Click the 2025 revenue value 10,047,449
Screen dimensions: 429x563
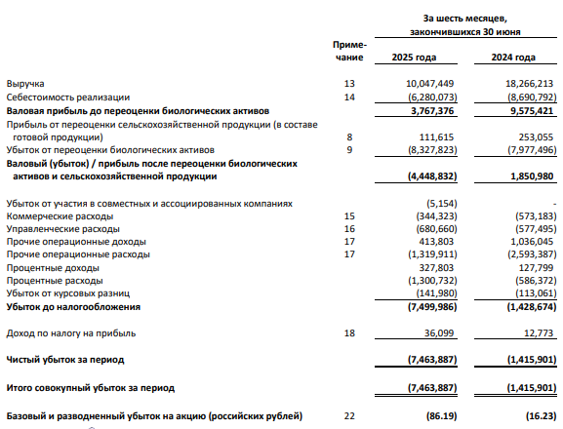425,85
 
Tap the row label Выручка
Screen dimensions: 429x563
26,85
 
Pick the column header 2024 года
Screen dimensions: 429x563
514,58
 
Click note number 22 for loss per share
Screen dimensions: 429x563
350,416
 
